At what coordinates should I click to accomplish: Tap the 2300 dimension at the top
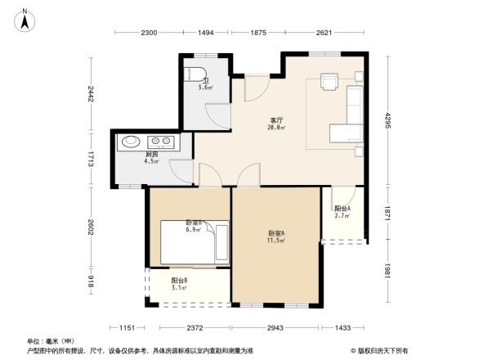point(148,32)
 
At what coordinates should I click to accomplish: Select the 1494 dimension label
point(206,32)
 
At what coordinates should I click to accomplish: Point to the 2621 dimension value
point(324,32)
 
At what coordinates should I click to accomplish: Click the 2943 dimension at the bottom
point(275,328)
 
